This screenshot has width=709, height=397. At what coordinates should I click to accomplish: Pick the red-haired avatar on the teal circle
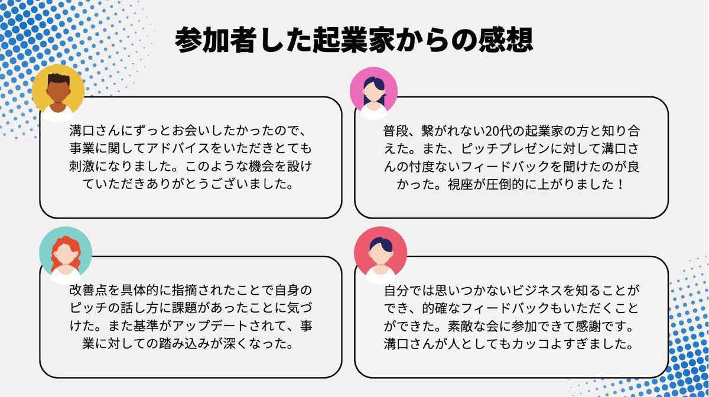click(66, 253)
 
